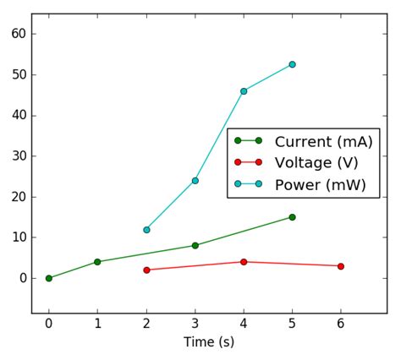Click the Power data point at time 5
point(292,64)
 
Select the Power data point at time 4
point(244,91)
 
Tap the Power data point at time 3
point(195,180)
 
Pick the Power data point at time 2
point(146,229)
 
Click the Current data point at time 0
point(49,278)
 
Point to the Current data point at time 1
point(97,262)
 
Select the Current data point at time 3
point(195,245)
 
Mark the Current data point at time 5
point(292,217)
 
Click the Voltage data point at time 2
point(146,270)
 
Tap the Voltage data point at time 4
point(244,262)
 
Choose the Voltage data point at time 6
point(341,266)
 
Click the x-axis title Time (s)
point(209,342)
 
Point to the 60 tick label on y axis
point(18,34)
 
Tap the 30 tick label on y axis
point(18,156)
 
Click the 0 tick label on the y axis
point(21,278)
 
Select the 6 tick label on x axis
point(341,323)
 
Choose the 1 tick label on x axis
point(97,323)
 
